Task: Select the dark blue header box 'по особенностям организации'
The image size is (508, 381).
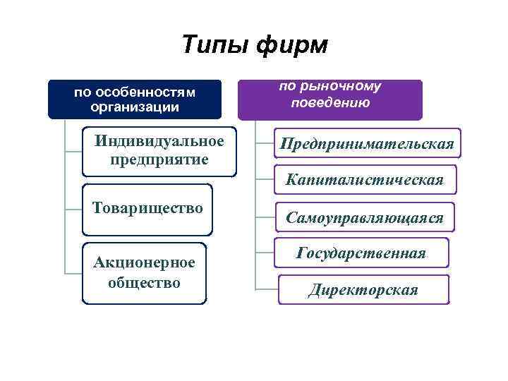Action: coord(135,99)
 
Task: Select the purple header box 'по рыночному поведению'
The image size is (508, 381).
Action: coord(329,99)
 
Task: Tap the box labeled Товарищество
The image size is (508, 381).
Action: coord(147,209)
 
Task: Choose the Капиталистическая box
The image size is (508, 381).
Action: coord(365,180)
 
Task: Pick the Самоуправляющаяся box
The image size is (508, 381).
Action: coord(365,218)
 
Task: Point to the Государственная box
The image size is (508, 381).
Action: coord(361,253)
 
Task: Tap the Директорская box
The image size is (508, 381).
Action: coord(363,289)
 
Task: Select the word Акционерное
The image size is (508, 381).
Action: coord(144,262)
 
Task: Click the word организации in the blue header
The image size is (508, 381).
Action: coord(135,107)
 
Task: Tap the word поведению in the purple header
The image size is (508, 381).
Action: coord(329,103)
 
